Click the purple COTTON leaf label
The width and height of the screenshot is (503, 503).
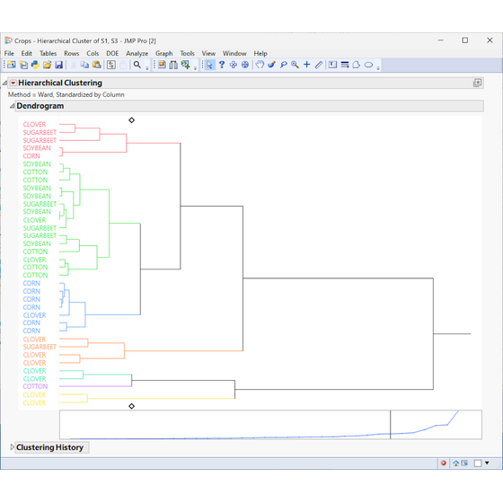35,386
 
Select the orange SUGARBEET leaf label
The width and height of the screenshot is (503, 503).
40,347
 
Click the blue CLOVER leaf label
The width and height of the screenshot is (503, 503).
34,315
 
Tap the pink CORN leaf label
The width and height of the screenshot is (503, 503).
31,156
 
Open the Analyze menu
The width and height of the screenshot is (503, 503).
137,54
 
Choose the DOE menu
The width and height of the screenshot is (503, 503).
112,54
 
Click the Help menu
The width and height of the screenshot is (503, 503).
260,54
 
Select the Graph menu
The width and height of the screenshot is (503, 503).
163,54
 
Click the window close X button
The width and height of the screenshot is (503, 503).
490,40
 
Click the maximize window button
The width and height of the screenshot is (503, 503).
465,40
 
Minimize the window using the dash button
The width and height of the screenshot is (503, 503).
441,40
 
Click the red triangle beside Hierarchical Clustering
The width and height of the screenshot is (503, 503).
13,83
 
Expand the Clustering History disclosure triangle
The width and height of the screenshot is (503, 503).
12,447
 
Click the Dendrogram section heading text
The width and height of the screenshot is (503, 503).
40,106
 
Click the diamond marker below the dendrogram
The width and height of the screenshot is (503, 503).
131,406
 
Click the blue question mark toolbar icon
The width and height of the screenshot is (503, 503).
221,65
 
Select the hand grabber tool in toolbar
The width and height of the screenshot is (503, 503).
260,65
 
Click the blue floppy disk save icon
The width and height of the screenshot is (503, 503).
58,65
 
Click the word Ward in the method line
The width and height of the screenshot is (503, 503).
45,94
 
